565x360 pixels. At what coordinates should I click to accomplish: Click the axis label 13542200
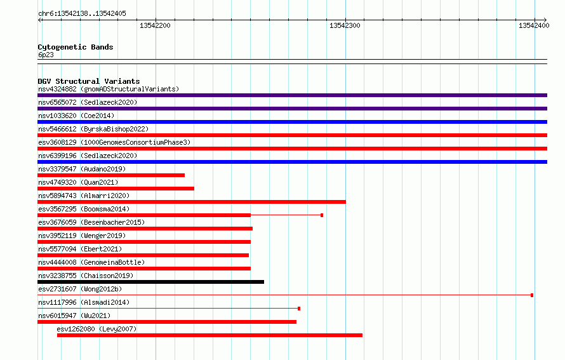155,25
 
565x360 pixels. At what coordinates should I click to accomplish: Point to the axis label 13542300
345,25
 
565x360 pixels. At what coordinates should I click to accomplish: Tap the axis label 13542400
534,25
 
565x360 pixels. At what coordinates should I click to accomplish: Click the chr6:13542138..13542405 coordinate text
82,14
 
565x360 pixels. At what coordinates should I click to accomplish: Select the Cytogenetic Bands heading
76,47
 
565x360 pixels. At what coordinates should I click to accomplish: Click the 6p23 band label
46,55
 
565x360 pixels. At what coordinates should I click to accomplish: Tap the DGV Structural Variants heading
89,81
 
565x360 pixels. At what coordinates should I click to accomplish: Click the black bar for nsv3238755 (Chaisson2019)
150,282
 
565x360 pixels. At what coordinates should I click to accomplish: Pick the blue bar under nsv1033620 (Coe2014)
292,122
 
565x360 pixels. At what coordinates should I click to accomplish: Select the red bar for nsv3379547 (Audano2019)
111,175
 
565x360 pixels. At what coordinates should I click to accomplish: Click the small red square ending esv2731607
532,295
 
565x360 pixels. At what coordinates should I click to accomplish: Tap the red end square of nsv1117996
299,309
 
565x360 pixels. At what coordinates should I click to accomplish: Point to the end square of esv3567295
322,215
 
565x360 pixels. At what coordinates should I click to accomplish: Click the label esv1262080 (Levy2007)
96,329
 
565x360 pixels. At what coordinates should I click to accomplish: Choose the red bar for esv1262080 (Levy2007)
209,335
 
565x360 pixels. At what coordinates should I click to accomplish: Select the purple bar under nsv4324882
292,95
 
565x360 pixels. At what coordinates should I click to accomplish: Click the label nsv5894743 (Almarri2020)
84,196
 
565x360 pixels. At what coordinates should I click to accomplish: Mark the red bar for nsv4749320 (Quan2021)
116,189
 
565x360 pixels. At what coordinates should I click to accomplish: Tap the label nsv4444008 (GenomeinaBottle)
91,262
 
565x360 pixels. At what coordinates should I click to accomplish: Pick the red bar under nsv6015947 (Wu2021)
167,322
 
